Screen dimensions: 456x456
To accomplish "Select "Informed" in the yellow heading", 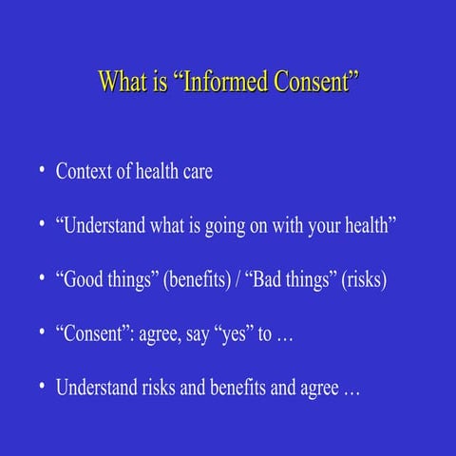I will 223,82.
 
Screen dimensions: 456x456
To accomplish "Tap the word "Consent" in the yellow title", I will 313,82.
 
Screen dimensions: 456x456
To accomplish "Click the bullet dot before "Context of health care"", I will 42,171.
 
